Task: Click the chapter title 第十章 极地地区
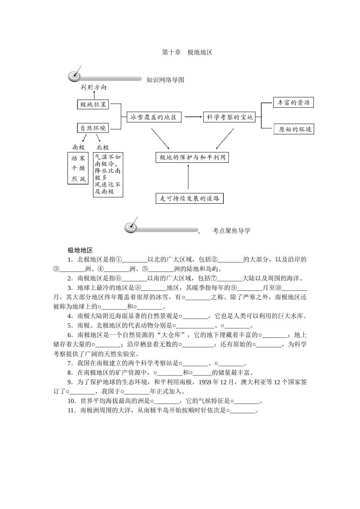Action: [x=187, y=52]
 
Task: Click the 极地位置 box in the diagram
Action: [x=93, y=104]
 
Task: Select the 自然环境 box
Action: [x=93, y=128]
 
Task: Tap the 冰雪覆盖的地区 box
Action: [x=153, y=117]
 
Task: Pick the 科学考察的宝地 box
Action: [x=229, y=117]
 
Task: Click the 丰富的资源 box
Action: [x=294, y=103]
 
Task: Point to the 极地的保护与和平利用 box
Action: [x=192, y=157]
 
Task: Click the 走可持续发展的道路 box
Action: [x=189, y=198]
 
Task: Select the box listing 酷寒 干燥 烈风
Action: [x=78, y=169]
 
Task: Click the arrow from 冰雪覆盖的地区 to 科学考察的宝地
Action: [x=193, y=117]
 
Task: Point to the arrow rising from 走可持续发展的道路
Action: [x=188, y=178]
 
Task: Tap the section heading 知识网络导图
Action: [x=165, y=80]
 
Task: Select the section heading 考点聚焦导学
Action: [x=231, y=231]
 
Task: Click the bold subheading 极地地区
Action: [x=80, y=250]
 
